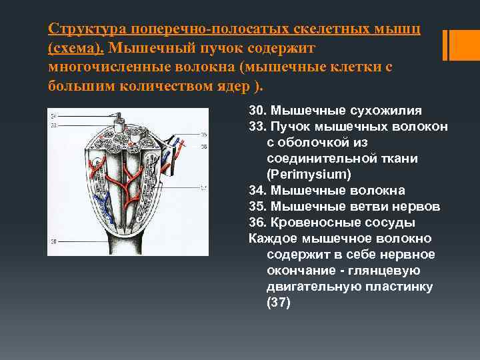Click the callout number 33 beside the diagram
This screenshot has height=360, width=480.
[x=53, y=125]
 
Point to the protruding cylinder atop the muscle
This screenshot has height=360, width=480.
[x=120, y=124]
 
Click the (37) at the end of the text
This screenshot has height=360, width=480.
[x=279, y=302]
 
